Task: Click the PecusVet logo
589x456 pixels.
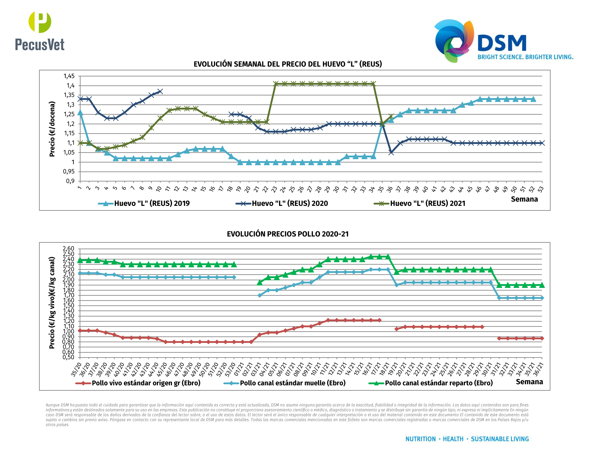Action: pos(40,31)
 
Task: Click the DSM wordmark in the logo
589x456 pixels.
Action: pos(502,43)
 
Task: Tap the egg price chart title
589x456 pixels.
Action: pos(288,64)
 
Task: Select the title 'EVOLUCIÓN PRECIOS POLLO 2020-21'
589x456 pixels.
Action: pos(288,234)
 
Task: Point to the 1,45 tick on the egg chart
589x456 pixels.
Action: pos(69,76)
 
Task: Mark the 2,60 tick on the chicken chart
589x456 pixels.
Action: pos(68,249)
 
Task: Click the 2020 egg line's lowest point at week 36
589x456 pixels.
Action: pos(391,153)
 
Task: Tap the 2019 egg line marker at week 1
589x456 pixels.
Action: pos(80,113)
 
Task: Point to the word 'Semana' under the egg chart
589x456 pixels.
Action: pos(524,199)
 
